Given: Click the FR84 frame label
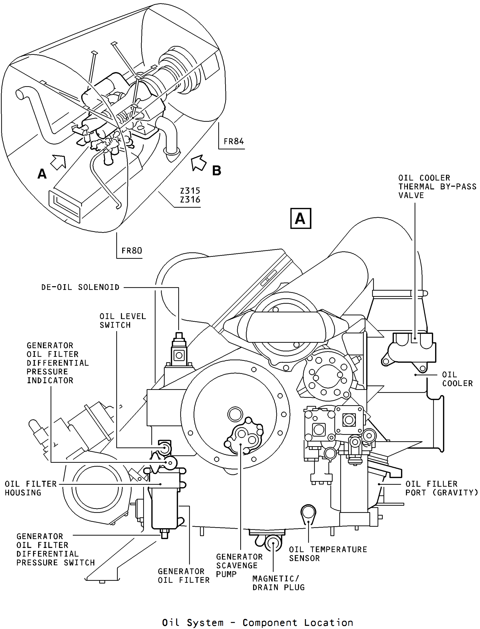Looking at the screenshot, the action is click(x=234, y=141).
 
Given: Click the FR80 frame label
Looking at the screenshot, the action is click(x=132, y=251).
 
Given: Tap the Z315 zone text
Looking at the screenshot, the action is click(x=190, y=191).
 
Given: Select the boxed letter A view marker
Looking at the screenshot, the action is click(x=301, y=218).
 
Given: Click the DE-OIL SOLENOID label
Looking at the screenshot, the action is click(x=80, y=287).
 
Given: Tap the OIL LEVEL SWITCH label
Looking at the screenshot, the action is click(x=123, y=321).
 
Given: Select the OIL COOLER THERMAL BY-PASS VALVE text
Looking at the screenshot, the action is click(x=437, y=187).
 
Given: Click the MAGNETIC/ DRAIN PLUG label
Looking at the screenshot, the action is click(x=278, y=583).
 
